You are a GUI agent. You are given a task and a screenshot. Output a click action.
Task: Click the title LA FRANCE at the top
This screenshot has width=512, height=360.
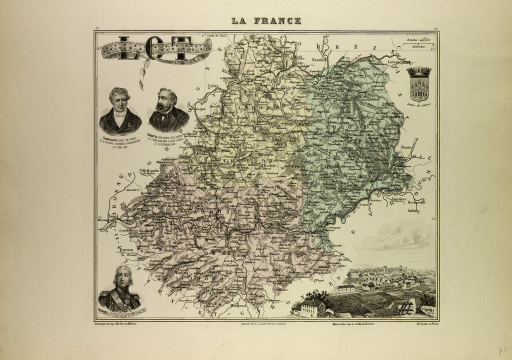pos(266,21)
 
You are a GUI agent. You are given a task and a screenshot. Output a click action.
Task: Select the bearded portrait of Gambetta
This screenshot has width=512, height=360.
pos(168,110)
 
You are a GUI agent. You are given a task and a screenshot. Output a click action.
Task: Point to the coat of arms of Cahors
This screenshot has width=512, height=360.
pos(418,84)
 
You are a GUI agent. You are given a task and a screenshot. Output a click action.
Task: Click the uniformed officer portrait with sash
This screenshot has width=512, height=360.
pos(119,288)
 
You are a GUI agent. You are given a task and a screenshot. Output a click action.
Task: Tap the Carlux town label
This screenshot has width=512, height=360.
pos(213,78)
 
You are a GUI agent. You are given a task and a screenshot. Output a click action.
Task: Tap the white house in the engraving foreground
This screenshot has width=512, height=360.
pos(311,307)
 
